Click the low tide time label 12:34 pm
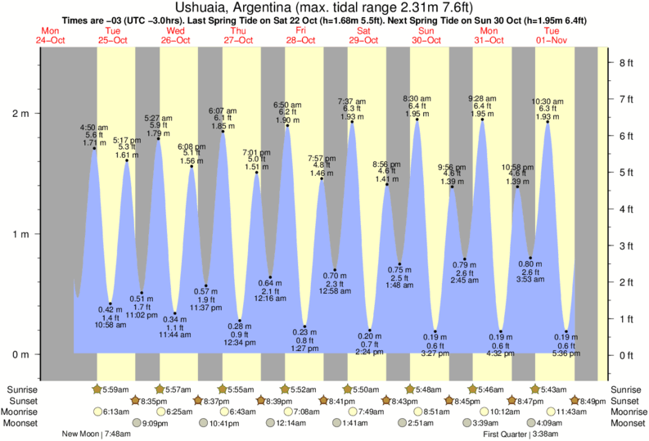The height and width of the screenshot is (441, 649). [x=239, y=342]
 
